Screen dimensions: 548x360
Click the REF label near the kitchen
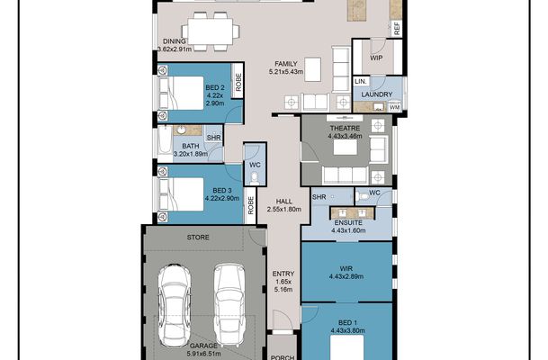[x=397, y=29]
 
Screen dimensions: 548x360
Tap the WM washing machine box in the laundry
[x=394, y=107]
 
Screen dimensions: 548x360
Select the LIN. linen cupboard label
[x=361, y=81]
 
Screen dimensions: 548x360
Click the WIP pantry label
[x=376, y=58]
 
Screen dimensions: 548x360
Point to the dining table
[x=210, y=31]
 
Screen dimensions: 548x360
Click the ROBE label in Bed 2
[x=238, y=82]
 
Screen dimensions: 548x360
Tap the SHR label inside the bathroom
[x=213, y=138]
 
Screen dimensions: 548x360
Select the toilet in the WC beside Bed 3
[x=256, y=178]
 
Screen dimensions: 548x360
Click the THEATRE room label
[x=345, y=129]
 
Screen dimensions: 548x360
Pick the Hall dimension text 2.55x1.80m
[x=284, y=210]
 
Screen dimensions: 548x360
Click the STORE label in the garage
[x=198, y=238]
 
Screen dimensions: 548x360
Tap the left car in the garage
[x=175, y=305]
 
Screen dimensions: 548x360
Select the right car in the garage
[x=229, y=304]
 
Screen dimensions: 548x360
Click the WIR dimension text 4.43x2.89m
[x=346, y=276]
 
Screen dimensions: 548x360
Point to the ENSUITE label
[x=348, y=222]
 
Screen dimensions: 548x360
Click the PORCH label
[x=283, y=357]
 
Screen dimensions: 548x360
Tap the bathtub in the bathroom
[x=165, y=140]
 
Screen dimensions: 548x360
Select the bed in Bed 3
[x=181, y=194]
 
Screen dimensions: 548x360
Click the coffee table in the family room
[x=313, y=69]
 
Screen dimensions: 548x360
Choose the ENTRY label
[x=283, y=274]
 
